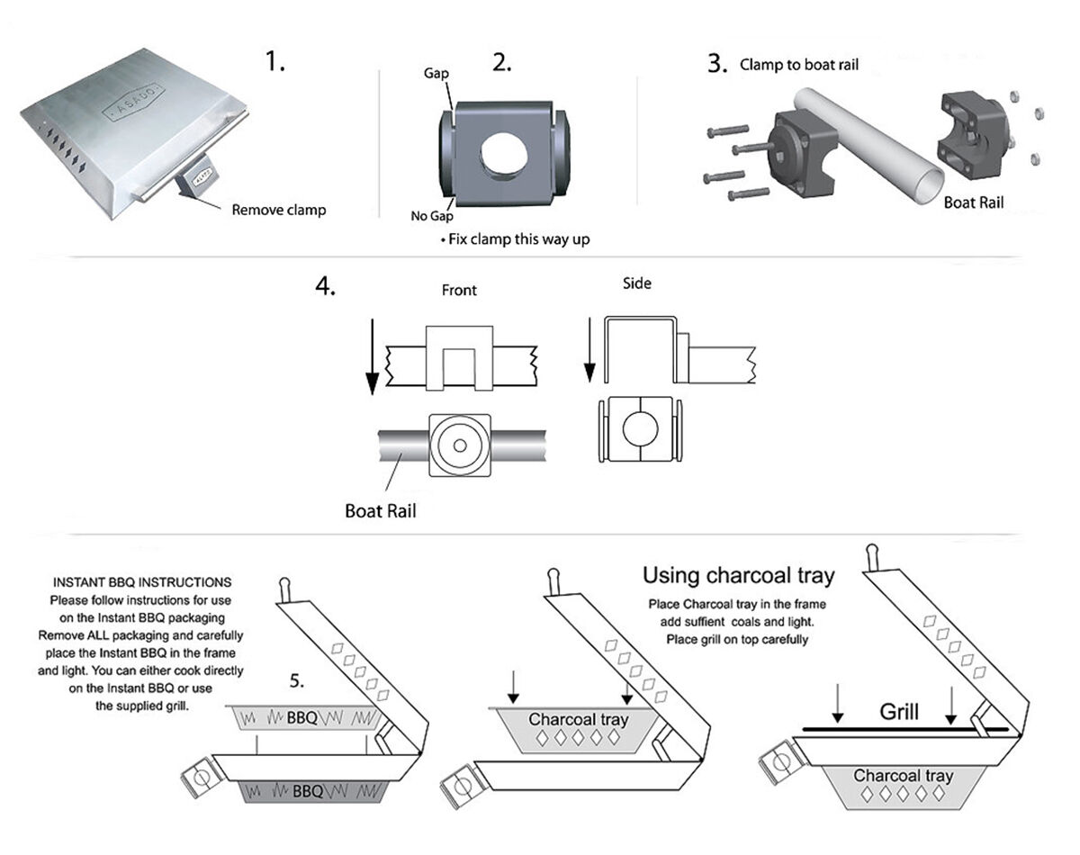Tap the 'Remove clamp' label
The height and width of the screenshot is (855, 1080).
(279, 210)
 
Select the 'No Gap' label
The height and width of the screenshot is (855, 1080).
(433, 216)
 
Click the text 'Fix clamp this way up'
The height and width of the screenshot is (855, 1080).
(517, 240)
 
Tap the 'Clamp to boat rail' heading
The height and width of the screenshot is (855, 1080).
(799, 65)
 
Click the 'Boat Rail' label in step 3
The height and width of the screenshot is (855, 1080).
(973, 203)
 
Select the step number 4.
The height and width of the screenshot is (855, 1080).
(325, 287)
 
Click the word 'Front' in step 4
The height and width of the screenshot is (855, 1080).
(459, 291)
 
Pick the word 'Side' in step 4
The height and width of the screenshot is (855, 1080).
(637, 283)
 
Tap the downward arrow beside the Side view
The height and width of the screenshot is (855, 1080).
(589, 346)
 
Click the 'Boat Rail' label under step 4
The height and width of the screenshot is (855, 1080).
(381, 511)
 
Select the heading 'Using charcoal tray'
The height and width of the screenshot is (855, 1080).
(738, 575)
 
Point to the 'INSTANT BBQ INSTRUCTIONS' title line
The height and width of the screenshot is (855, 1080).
(140, 582)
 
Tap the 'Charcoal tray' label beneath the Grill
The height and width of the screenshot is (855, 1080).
(903, 776)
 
